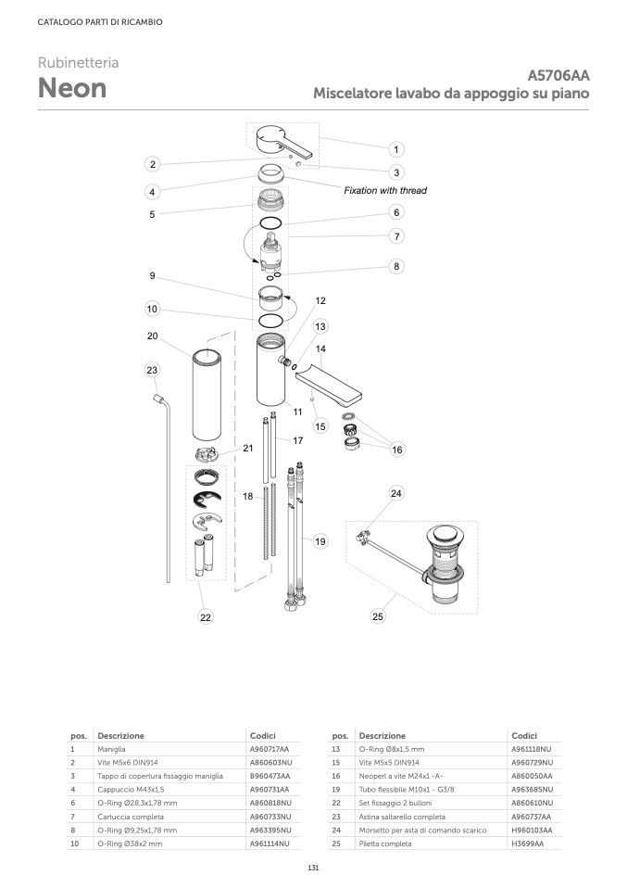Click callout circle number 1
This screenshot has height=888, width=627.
pyautogui.click(x=395, y=149)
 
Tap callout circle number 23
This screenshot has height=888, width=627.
pyautogui.click(x=152, y=370)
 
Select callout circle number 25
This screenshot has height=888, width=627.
pyautogui.click(x=377, y=615)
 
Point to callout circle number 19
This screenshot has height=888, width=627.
pyautogui.click(x=320, y=541)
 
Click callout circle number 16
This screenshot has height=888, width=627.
pyautogui.click(x=397, y=450)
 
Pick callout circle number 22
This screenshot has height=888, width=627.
pyautogui.click(x=205, y=616)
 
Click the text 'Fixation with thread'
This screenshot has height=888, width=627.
pyautogui.click(x=385, y=190)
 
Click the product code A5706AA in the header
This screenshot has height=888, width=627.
pyautogui.click(x=558, y=76)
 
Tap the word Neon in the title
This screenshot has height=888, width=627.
pyautogui.click(x=71, y=88)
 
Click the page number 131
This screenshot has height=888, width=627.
pyautogui.click(x=313, y=867)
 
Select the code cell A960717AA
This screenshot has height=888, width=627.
pyautogui.click(x=269, y=748)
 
